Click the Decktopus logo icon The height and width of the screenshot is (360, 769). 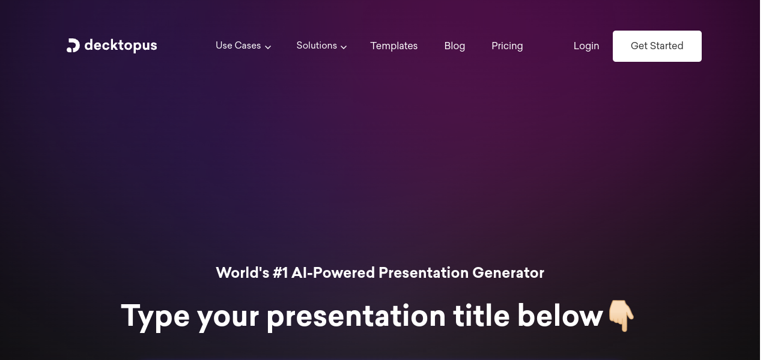(x=73, y=46)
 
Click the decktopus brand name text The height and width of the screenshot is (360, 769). (x=121, y=46)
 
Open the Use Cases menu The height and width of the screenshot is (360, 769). (x=239, y=46)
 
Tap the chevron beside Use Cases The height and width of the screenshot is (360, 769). (x=268, y=47)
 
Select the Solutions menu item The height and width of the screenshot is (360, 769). (x=317, y=46)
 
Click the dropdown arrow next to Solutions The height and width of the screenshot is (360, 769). (x=344, y=47)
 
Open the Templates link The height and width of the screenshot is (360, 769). (x=394, y=46)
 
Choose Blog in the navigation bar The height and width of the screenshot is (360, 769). (x=455, y=46)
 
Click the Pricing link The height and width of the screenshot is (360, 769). (x=507, y=46)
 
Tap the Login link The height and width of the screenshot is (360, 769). (x=586, y=46)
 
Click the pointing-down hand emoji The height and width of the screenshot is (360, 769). (x=621, y=316)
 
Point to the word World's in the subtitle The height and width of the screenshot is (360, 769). (x=242, y=273)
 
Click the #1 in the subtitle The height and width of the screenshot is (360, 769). (x=280, y=273)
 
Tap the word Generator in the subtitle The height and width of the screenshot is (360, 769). (x=508, y=273)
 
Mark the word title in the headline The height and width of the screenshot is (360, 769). (x=481, y=316)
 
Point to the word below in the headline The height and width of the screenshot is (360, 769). (x=561, y=316)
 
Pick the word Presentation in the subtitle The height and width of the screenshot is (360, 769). (x=424, y=273)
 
